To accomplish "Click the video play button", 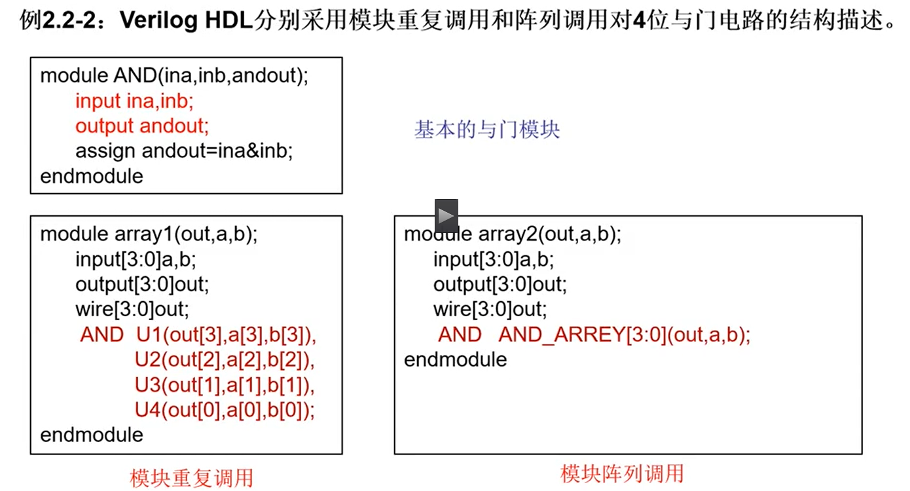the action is [446, 215].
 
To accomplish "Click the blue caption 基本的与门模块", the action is [486, 130].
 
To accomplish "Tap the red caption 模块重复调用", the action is [191, 477].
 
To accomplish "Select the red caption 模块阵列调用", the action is [621, 473].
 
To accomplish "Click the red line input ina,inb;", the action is [135, 101].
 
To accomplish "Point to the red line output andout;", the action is [142, 126].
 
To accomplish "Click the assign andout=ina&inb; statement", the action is [184, 151].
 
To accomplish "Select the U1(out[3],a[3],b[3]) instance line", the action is [226, 335].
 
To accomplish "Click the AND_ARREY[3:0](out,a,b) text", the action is [624, 335].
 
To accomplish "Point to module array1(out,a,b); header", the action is [149, 234].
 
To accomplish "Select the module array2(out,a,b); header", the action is [513, 234].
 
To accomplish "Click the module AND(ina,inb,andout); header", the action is [174, 76].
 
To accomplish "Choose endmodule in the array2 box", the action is [456, 359].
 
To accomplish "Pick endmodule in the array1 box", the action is [92, 435].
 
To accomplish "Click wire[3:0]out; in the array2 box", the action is [490, 309].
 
